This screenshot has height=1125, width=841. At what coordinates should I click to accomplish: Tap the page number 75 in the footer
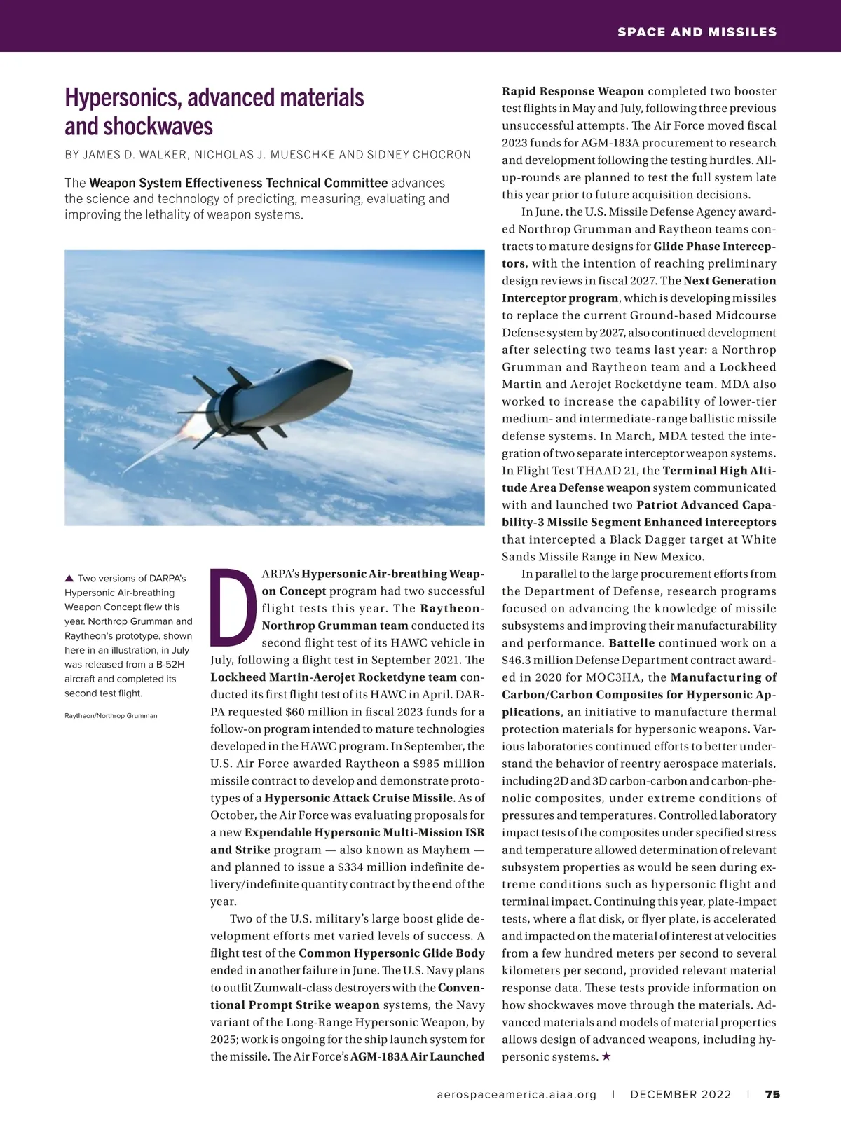pyautogui.click(x=772, y=1094)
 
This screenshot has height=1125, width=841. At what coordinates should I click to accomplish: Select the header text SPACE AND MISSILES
pyautogui.click(x=697, y=32)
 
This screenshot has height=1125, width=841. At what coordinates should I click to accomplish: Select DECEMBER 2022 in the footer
pyautogui.click(x=681, y=1094)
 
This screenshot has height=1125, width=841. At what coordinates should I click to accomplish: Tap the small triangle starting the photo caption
pyautogui.click(x=69, y=578)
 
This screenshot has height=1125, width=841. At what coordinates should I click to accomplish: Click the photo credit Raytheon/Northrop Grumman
pyautogui.click(x=111, y=715)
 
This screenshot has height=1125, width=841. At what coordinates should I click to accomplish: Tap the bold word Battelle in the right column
pyautogui.click(x=631, y=642)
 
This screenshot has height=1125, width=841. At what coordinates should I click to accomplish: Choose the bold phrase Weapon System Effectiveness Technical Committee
pyautogui.click(x=238, y=184)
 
